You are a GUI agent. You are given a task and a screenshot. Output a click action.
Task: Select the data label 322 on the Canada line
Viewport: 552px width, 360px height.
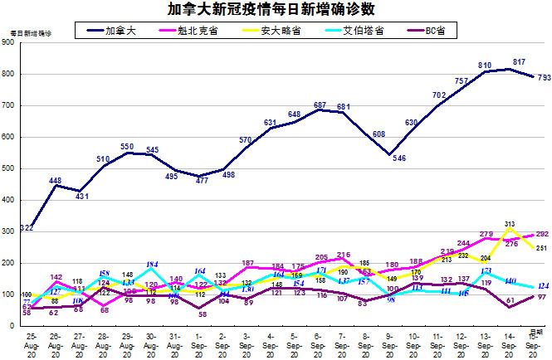[27, 227]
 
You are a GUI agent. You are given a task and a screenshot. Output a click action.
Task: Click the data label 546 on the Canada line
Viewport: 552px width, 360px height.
[398, 158]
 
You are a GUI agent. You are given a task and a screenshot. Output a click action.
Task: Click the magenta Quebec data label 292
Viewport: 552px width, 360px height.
[542, 235]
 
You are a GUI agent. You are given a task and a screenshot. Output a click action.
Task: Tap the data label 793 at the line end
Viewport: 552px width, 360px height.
[544, 79]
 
